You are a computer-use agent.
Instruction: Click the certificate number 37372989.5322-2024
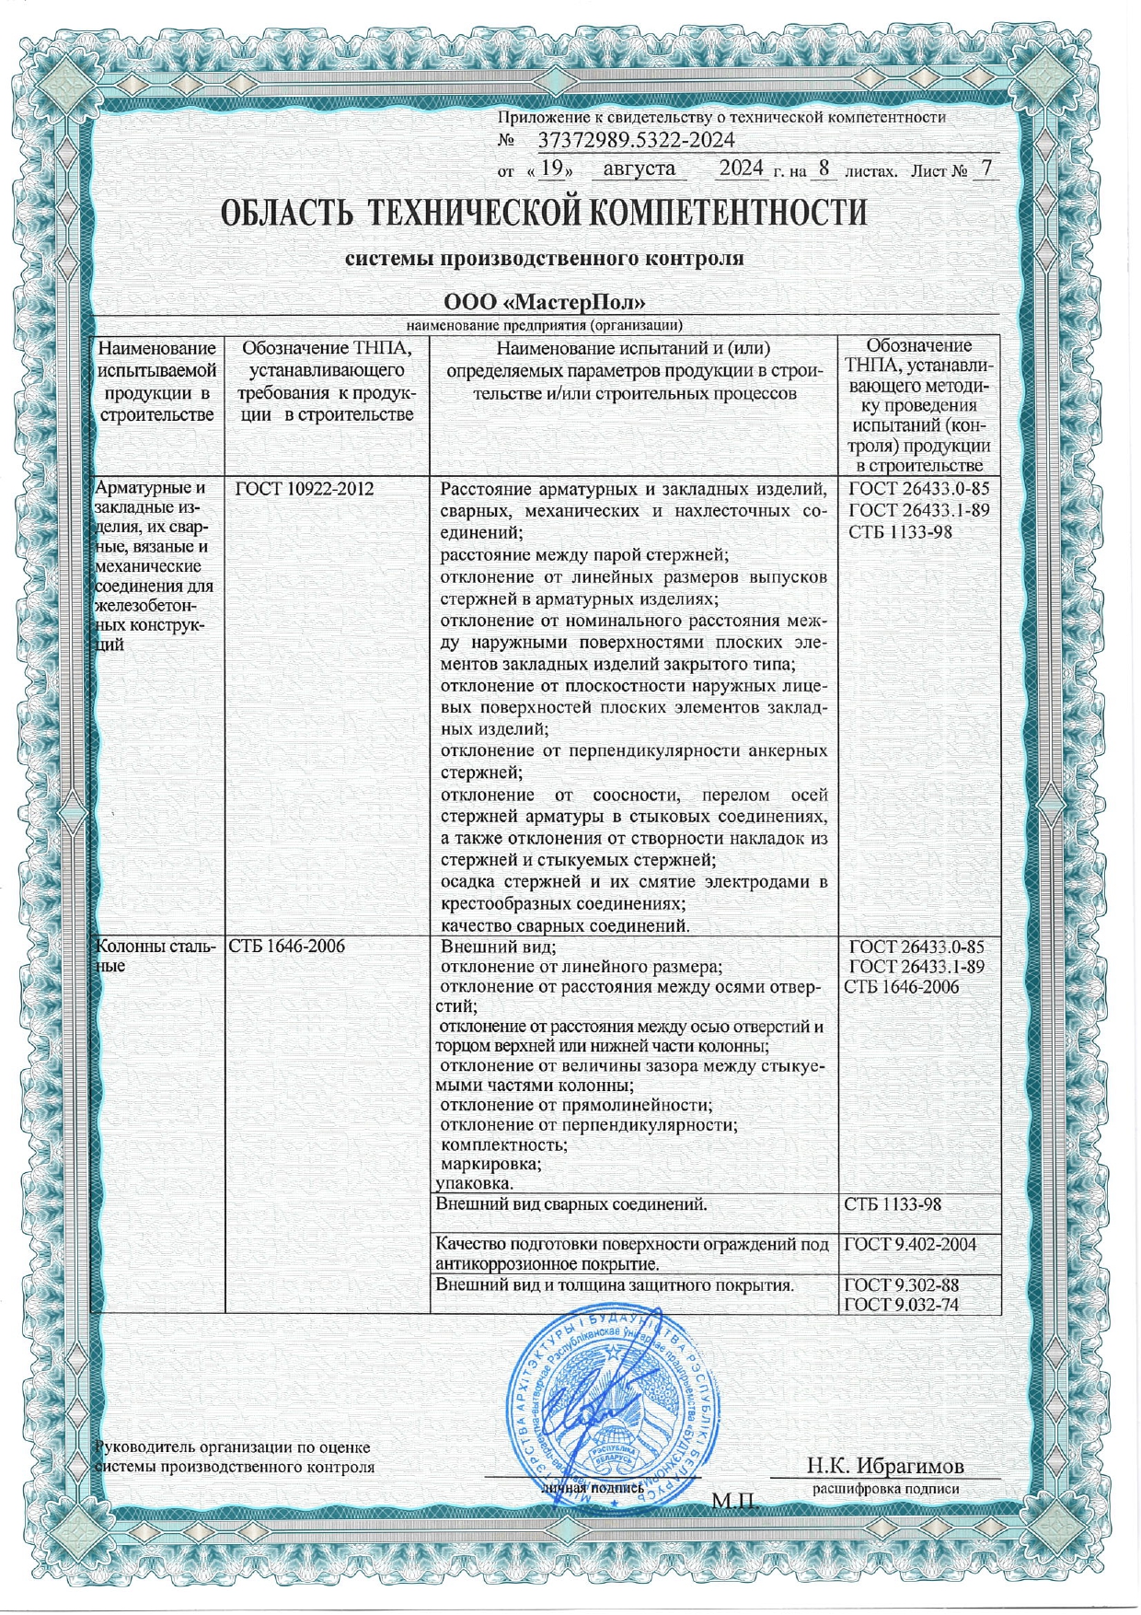pos(635,141)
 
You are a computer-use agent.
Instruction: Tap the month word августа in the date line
pos(640,169)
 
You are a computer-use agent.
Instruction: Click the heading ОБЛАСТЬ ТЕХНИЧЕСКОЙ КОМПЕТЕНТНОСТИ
pos(544,215)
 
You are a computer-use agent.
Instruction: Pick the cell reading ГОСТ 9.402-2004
pos(909,1245)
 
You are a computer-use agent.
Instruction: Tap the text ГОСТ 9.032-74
pos(909,1303)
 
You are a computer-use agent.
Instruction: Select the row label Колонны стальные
pos(152,956)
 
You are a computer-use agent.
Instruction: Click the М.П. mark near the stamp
pos(734,1502)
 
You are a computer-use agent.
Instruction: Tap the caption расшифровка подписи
pos(885,1488)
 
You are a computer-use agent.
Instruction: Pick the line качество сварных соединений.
pos(566,925)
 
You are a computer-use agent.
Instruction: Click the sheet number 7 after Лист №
pos(986,169)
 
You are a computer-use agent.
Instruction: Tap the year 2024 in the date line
pos(741,169)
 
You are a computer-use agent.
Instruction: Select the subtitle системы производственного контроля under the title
pos(544,259)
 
